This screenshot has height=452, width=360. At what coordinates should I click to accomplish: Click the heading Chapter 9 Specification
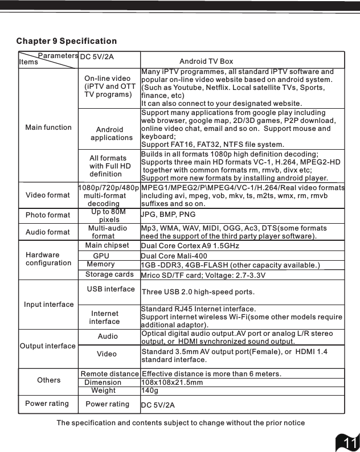pyautogui.click(x=67, y=41)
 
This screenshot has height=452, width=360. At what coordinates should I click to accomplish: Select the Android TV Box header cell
pyautogui.click(x=206, y=61)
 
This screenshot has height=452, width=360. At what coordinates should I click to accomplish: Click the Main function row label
pyautogui.click(x=48, y=127)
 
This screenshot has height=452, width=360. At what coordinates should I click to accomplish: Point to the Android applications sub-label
pyautogui.click(x=111, y=134)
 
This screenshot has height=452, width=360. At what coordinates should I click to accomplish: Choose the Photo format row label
pyautogui.click(x=48, y=215)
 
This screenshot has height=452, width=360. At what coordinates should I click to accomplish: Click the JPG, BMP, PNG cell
pyautogui.click(x=168, y=215)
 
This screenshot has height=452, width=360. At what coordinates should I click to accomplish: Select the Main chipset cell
pyautogui.click(x=107, y=245)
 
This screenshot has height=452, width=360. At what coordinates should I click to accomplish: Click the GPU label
pyautogui.click(x=101, y=256)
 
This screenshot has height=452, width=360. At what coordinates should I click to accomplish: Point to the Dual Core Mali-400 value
pyautogui.click(x=174, y=256)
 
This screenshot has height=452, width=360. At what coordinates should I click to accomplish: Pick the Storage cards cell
pyautogui.click(x=109, y=274)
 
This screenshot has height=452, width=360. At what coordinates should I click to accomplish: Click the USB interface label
pyautogui.click(x=111, y=289)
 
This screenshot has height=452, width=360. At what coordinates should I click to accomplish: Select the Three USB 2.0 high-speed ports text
pyautogui.click(x=198, y=292)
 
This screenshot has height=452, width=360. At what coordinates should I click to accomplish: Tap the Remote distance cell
pyautogui.click(x=109, y=373)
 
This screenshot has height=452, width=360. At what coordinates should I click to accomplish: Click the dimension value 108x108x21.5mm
pyautogui.click(x=172, y=383)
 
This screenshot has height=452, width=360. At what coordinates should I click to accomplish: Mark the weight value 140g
pyautogui.click(x=149, y=391)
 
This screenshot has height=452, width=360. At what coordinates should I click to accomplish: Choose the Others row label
pyautogui.click(x=49, y=380)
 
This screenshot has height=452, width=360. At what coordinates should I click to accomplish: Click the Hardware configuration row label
pyautogui.click(x=48, y=258)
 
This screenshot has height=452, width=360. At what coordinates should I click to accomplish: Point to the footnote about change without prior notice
pyautogui.click(x=181, y=422)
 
